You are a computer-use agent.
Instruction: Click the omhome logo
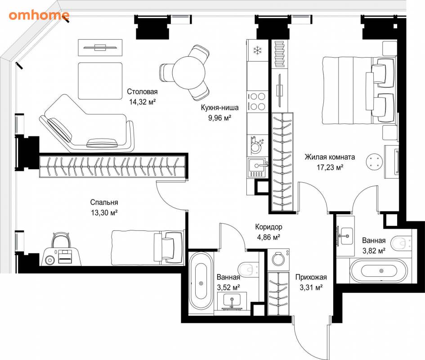(x=39, y=15)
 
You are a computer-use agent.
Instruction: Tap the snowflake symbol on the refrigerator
(x=258, y=50)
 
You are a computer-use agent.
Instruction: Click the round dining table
(x=188, y=72)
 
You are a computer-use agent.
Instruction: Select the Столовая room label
(x=142, y=92)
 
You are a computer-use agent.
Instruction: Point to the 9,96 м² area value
(x=219, y=118)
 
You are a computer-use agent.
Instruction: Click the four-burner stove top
(x=257, y=101)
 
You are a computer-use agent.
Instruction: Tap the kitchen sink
(x=257, y=167)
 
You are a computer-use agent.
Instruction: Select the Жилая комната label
(x=330, y=157)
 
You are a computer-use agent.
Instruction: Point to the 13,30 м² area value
(x=104, y=213)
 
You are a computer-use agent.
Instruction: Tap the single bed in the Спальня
(x=148, y=248)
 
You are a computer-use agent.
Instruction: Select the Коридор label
(x=268, y=227)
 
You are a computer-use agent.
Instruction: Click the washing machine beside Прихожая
(x=278, y=259)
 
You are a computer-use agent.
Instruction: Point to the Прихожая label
(x=311, y=277)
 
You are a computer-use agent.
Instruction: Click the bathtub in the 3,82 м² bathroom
(x=378, y=271)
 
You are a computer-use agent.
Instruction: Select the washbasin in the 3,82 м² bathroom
(x=345, y=236)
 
